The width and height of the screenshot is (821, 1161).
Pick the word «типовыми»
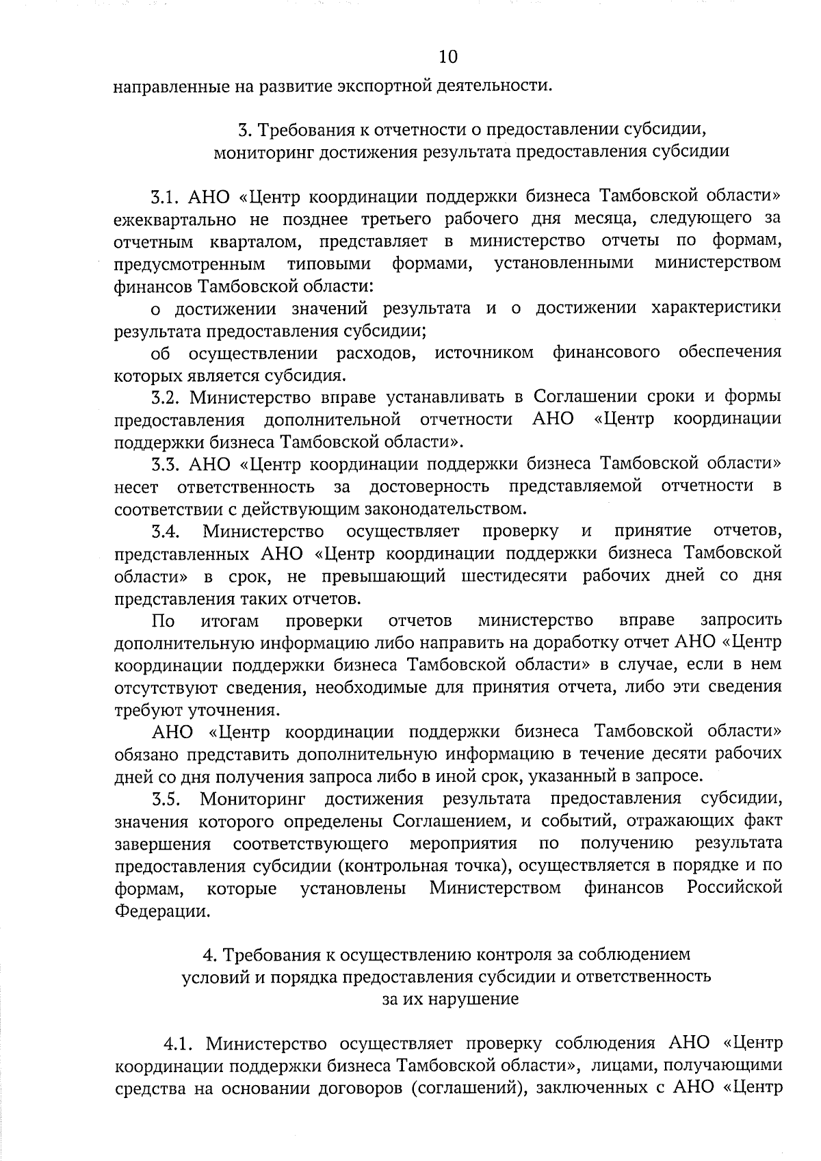329,263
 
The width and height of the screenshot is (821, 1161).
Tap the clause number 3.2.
165,397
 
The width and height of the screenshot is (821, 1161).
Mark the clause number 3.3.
165,464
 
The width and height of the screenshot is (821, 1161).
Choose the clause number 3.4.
165,531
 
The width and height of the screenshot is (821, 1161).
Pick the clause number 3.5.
165,798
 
